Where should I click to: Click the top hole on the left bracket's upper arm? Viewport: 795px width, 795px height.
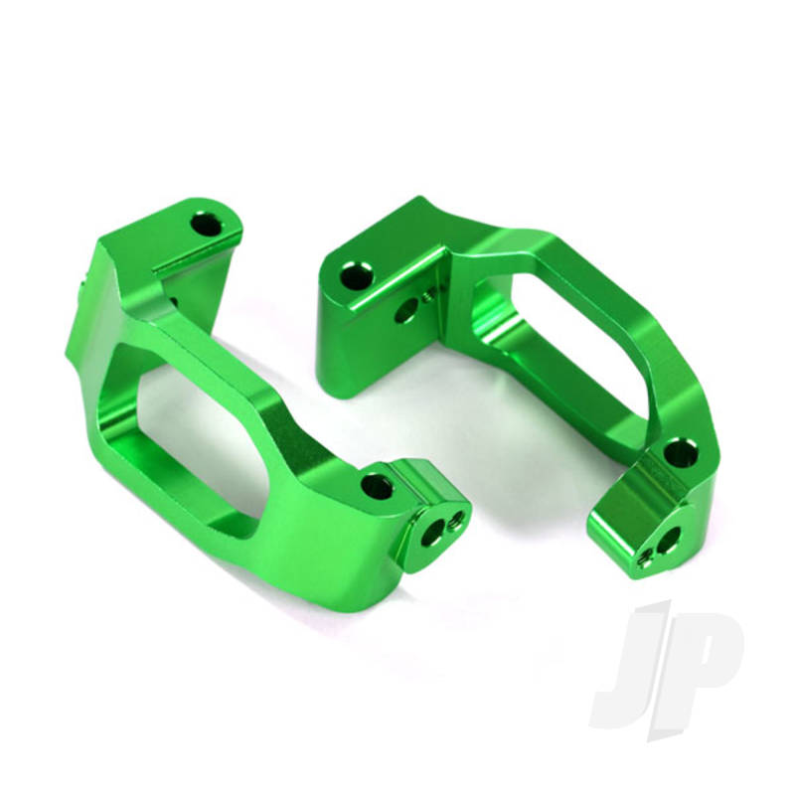click(208, 224)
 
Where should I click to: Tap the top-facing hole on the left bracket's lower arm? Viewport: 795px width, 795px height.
click(377, 485)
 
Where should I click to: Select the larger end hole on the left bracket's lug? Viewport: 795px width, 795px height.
click(431, 534)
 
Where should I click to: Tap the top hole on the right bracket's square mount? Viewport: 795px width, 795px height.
click(357, 276)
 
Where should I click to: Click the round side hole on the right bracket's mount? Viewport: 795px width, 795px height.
click(407, 311)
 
